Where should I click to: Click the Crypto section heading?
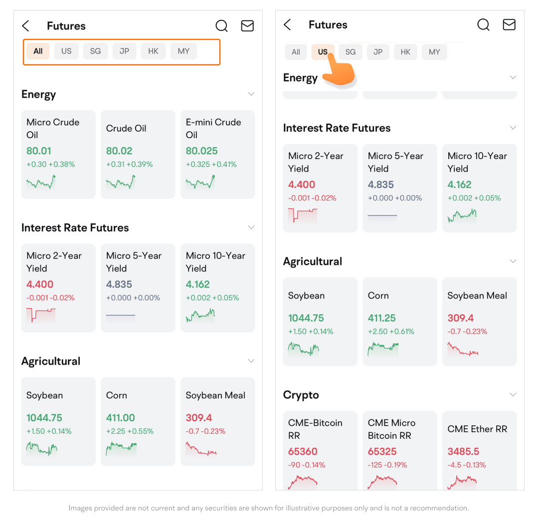point(301,395)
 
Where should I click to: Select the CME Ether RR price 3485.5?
point(463,452)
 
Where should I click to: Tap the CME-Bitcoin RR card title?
point(315,429)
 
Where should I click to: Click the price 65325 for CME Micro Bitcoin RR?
point(382,452)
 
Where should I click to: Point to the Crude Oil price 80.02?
point(119,151)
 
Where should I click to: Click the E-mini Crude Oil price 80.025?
point(202,151)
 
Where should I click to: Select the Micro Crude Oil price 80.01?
point(39,151)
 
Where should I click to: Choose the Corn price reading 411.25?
point(382,318)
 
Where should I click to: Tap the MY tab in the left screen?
point(183,51)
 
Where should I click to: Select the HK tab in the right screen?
point(405,52)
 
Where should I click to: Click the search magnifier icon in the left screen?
point(221,26)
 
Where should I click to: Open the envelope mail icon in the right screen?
point(509,24)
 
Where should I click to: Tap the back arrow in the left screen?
point(26,26)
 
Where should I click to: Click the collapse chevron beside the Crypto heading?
point(513,394)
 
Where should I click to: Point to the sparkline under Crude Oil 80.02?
point(120,182)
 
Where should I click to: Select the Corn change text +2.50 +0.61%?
point(391,332)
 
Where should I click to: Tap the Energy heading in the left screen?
point(38,95)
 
